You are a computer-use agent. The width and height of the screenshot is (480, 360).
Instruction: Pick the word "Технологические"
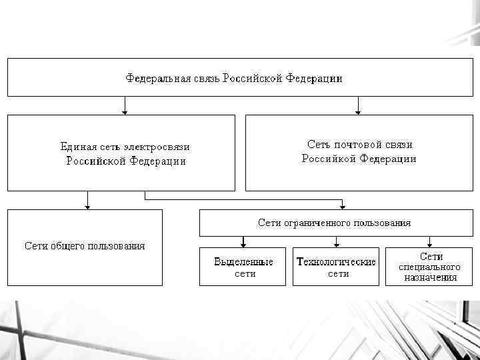coord(336,262)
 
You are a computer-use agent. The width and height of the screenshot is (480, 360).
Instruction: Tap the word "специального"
coord(430,267)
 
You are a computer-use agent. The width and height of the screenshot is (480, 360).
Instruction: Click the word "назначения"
coord(431,277)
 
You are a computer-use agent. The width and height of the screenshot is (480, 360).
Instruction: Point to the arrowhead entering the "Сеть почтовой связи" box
coord(358,111)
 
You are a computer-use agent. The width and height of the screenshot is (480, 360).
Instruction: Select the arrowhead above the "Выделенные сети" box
coord(244,245)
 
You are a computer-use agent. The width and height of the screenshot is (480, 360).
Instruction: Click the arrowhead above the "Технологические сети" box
coord(337,245)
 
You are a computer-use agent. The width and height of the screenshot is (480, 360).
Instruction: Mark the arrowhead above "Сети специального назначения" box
coord(430,245)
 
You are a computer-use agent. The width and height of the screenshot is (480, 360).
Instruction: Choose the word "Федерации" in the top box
coord(314,79)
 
